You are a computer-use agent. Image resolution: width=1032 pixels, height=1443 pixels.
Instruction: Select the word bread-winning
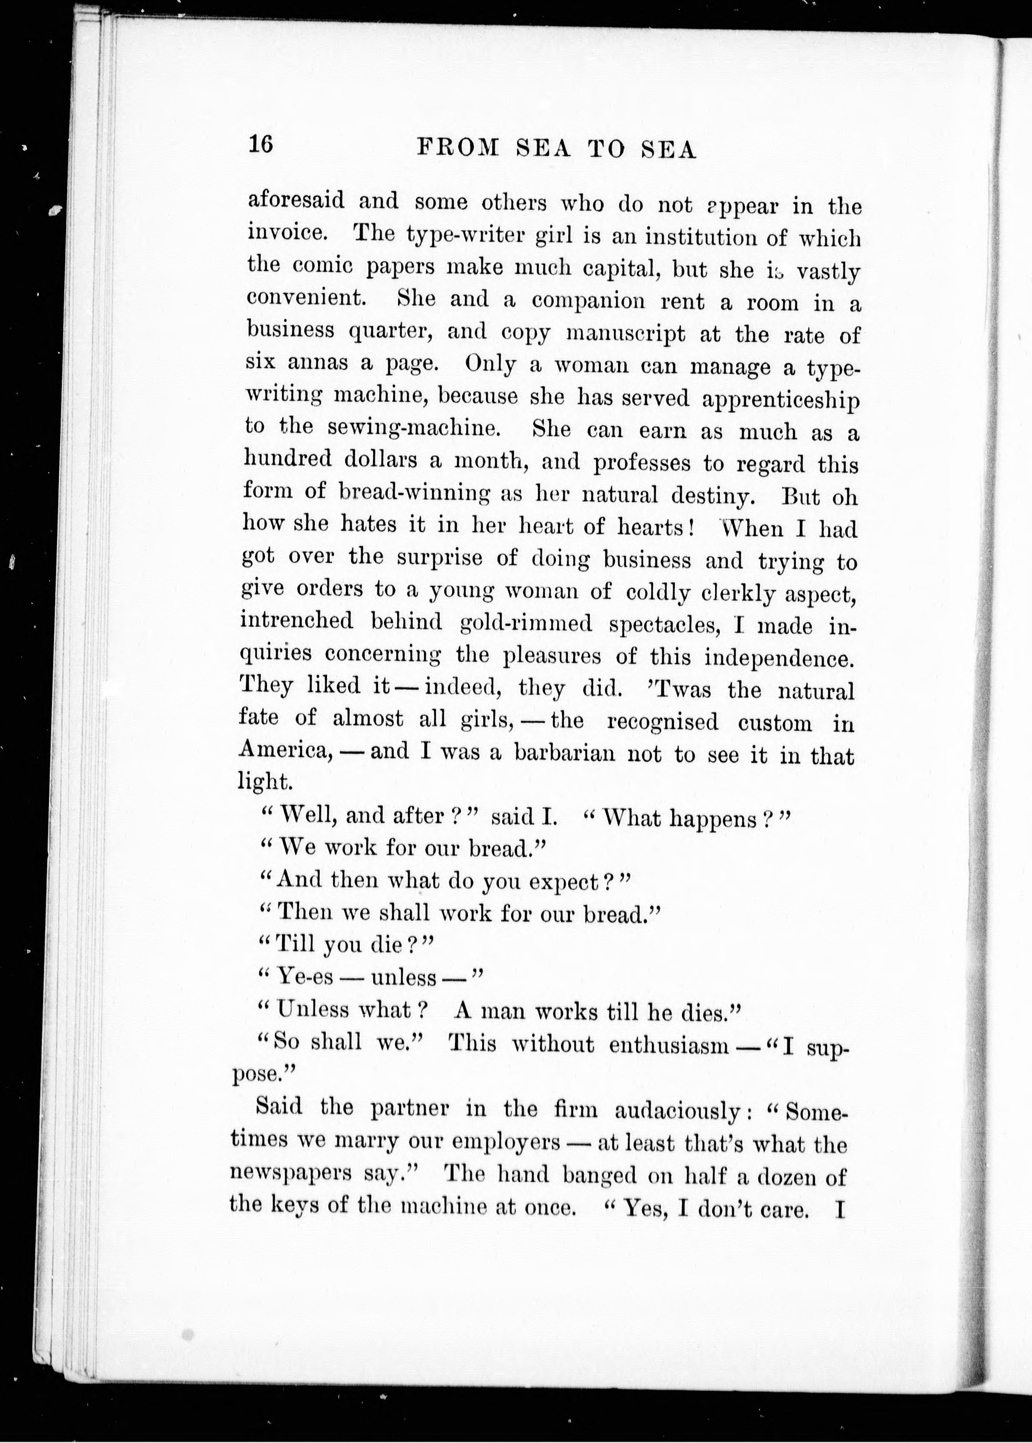(x=414, y=492)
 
